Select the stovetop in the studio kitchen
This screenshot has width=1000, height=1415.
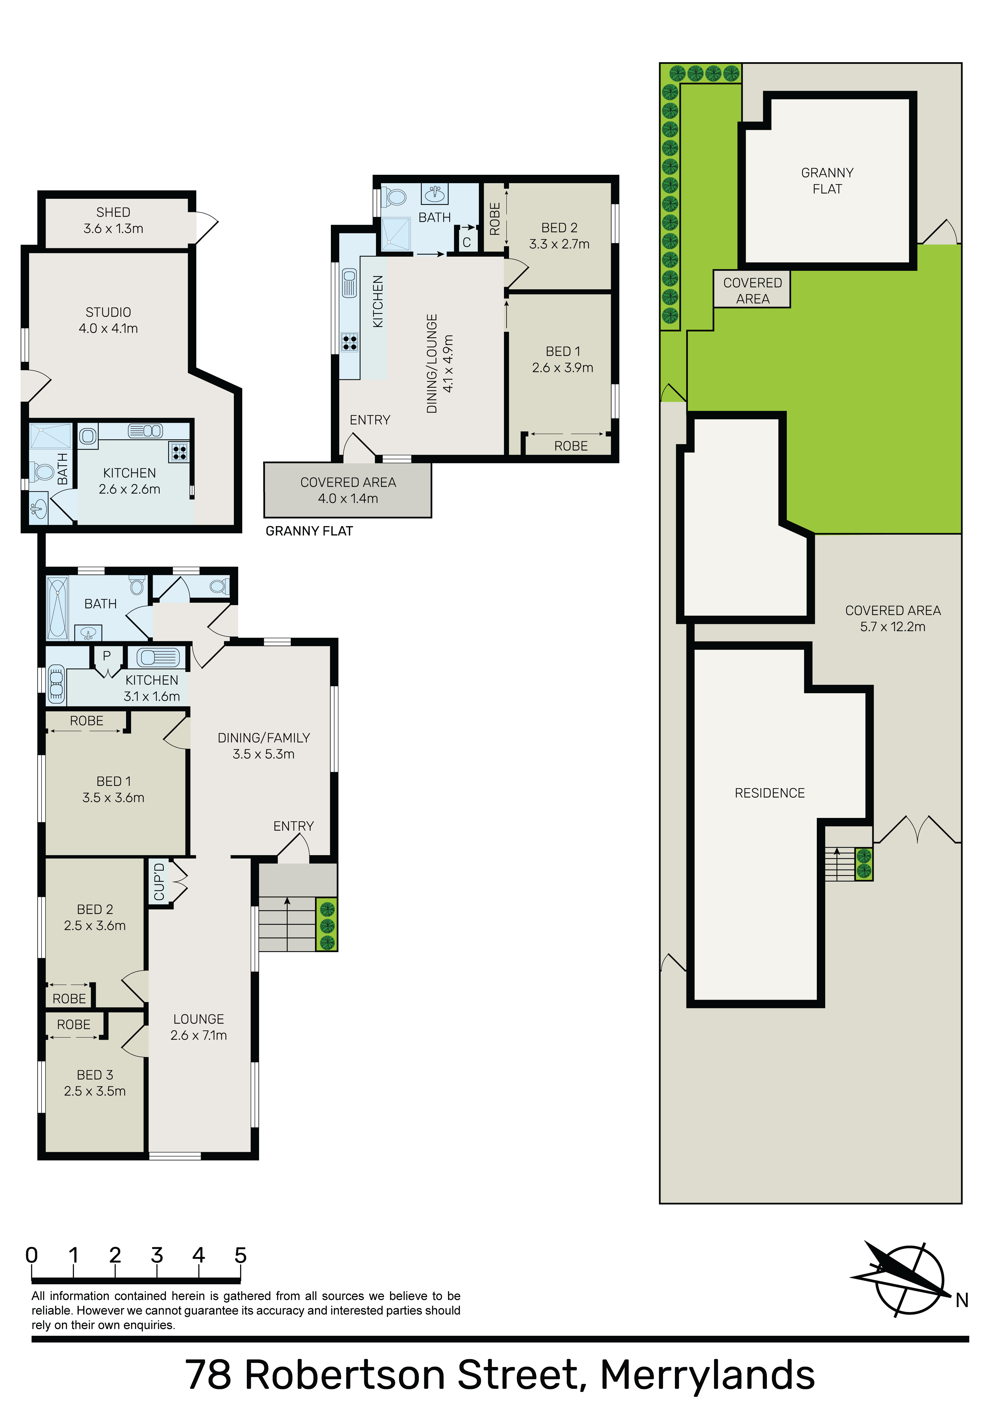point(179,452)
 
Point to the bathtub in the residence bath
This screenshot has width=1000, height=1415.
point(58,608)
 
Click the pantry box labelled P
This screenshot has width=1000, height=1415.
point(107,659)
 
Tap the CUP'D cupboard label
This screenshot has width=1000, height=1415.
point(159,882)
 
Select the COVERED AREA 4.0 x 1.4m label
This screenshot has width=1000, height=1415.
point(348,490)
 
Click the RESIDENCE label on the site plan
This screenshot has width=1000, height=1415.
point(770,793)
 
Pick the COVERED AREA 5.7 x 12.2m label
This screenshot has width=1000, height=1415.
point(893,619)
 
